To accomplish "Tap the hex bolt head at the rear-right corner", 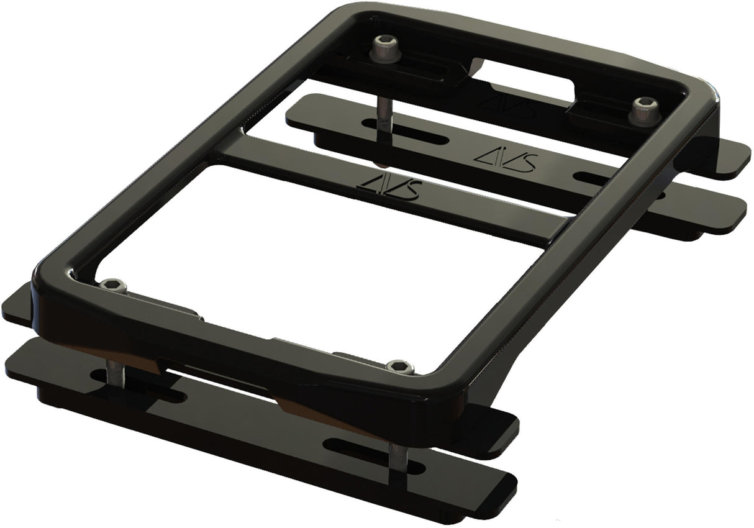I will tap(644, 106).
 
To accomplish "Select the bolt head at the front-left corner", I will tap(113, 284).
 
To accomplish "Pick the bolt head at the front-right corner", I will tap(400, 366).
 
